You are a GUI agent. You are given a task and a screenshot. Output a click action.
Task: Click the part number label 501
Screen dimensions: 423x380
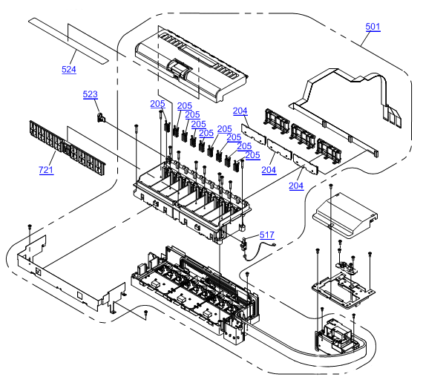coord(373,27)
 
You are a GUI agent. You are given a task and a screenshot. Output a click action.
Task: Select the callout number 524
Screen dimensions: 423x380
coord(69,69)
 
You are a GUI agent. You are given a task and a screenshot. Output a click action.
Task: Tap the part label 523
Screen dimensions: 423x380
coord(90,94)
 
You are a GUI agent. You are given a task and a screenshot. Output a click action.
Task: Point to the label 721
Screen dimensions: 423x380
coord(46,170)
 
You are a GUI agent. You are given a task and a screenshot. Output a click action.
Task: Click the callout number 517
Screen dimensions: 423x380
coord(267,235)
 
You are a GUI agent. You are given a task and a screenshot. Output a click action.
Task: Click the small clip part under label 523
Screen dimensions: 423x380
coord(101,117)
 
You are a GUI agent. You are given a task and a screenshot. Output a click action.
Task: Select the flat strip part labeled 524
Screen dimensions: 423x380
coord(68,41)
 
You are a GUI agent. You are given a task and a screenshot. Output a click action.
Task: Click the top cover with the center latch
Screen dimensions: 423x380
coord(191,65)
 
